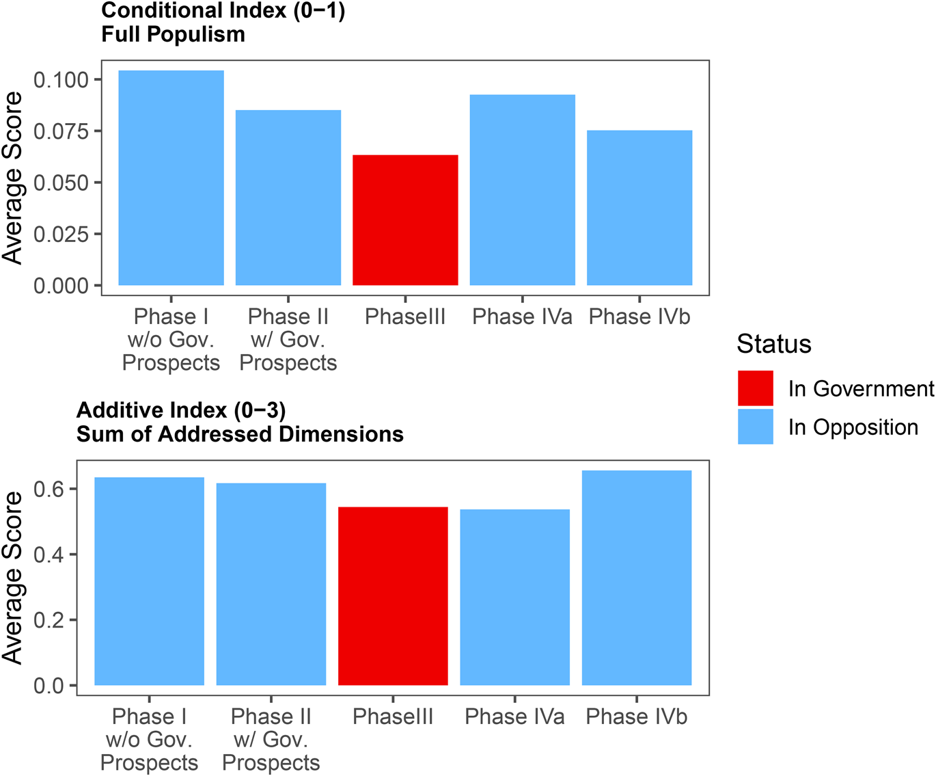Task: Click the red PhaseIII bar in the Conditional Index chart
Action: (405, 220)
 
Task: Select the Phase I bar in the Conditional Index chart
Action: (171, 178)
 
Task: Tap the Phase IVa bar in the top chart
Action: (522, 190)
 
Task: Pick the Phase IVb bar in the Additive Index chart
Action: (636, 578)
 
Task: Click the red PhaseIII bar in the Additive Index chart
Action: (393, 596)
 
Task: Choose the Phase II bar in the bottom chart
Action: (271, 584)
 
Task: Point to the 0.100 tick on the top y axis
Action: (61, 80)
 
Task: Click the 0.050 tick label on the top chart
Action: (61, 183)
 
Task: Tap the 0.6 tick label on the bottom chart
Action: (49, 489)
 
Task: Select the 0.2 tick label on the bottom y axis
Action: (49, 620)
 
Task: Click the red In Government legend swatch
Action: (755, 388)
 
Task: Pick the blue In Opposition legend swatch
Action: (755, 427)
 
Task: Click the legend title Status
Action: (773, 344)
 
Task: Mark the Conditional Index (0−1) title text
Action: (223, 11)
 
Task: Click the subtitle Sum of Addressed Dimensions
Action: (240, 434)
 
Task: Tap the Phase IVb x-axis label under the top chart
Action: (639, 317)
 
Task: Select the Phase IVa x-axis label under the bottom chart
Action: (514, 717)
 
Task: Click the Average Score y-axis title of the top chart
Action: (12, 178)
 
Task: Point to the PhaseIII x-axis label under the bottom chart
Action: (393, 717)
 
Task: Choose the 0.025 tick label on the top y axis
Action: (61, 234)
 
